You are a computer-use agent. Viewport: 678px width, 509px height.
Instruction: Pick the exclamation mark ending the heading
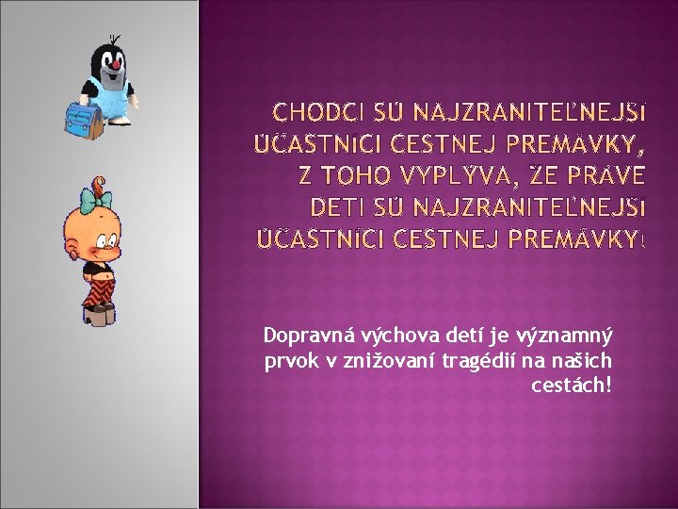(x=644, y=238)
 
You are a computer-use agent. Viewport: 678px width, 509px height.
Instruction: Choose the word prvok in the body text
(x=288, y=361)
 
